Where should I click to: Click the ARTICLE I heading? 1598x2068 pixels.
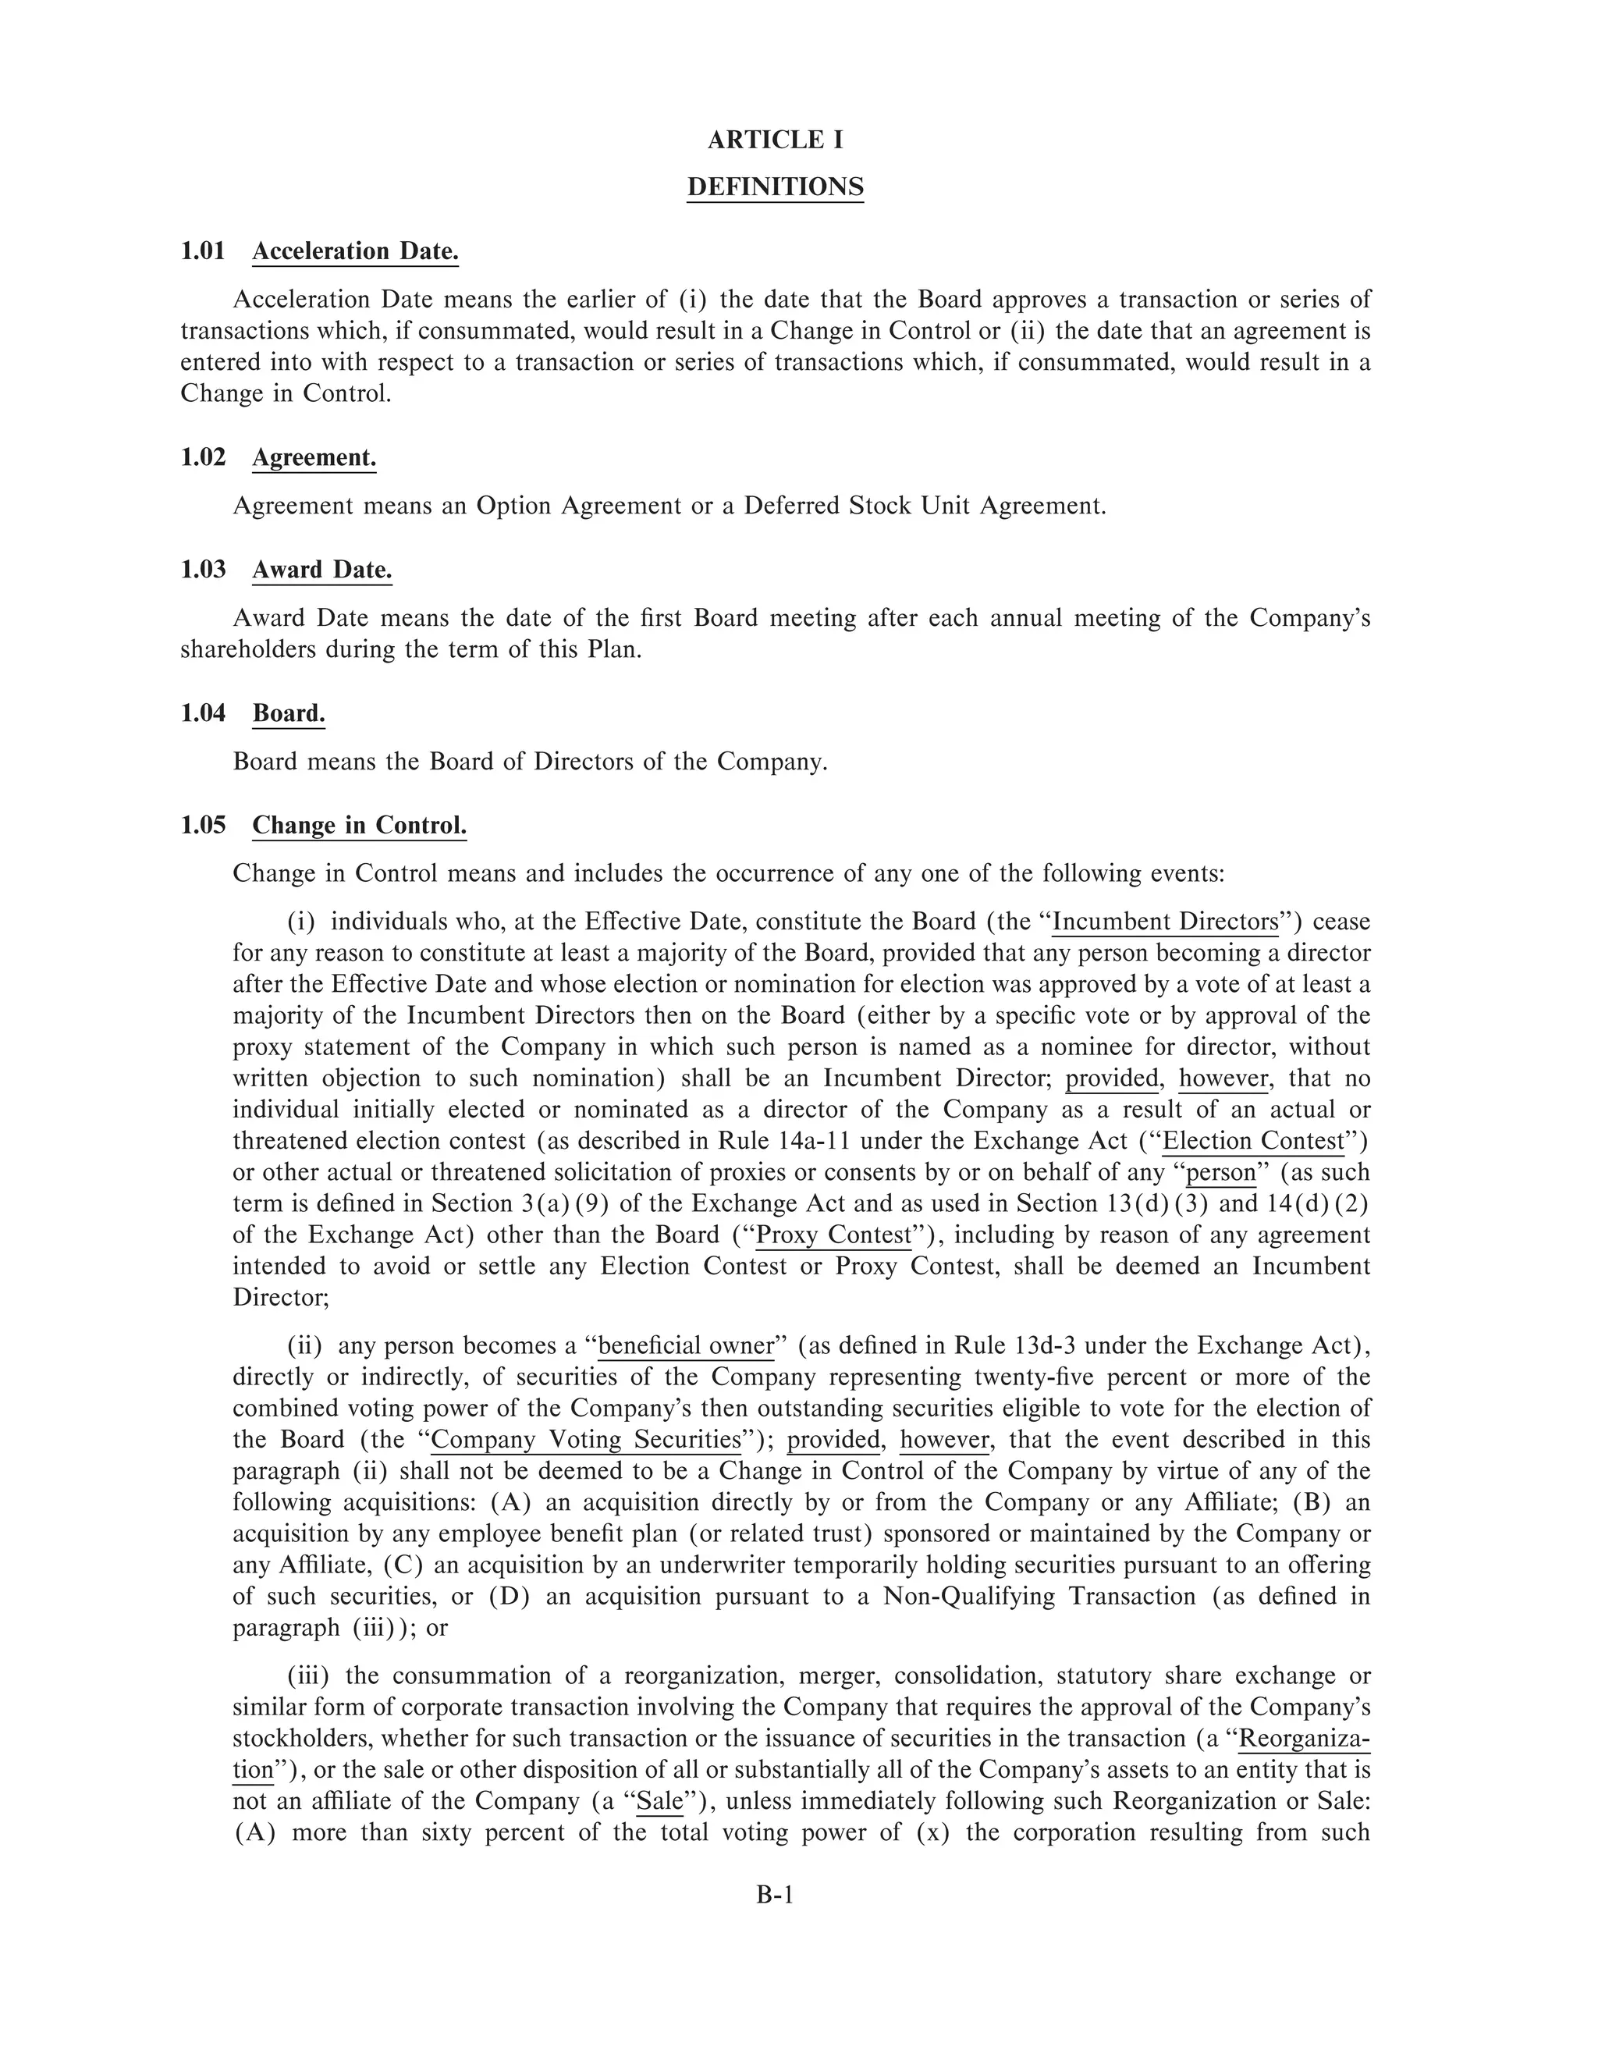pyautogui.click(x=776, y=140)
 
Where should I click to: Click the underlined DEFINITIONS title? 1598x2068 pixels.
pyautogui.click(x=776, y=187)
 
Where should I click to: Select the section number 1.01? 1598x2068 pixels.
pyautogui.click(x=204, y=251)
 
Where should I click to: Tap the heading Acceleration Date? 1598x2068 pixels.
pyautogui.click(x=355, y=251)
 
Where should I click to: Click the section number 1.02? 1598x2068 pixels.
pyautogui.click(x=204, y=457)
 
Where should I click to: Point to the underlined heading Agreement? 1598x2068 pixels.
pyautogui.click(x=314, y=457)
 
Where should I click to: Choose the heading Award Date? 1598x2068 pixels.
pyautogui.click(x=322, y=570)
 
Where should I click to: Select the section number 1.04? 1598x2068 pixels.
pyautogui.click(x=204, y=713)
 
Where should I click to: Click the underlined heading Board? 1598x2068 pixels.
pyautogui.click(x=289, y=713)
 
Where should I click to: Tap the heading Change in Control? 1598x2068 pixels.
pyautogui.click(x=359, y=826)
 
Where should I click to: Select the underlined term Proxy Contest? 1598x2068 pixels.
pyautogui.click(x=833, y=1235)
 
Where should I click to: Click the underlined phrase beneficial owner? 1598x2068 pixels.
pyautogui.click(x=687, y=1345)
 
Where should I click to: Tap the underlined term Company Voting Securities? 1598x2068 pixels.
pyautogui.click(x=586, y=1439)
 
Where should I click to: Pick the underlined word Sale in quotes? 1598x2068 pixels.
pyautogui.click(x=660, y=1801)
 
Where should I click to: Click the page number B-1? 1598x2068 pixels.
pyautogui.click(x=774, y=1894)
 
